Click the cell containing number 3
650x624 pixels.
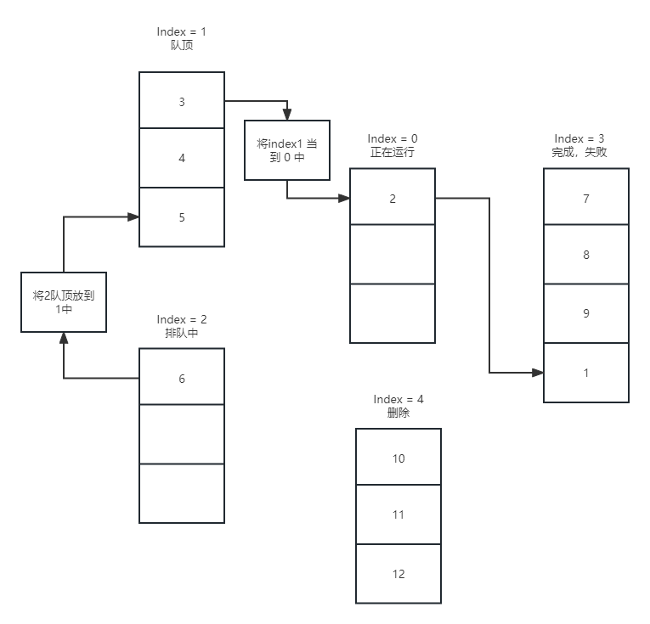click(x=182, y=102)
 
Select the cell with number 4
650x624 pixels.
click(x=182, y=158)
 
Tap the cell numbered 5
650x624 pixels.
click(x=182, y=217)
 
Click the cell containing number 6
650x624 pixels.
click(x=182, y=379)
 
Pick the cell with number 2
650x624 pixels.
click(x=393, y=199)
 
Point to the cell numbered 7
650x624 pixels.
click(x=586, y=199)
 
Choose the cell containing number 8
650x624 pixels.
click(x=586, y=255)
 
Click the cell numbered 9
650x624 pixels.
click(x=586, y=313)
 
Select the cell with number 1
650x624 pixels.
click(x=586, y=373)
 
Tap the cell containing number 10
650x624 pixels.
click(x=398, y=458)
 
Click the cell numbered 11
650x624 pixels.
click(x=398, y=514)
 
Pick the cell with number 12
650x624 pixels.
click(x=398, y=574)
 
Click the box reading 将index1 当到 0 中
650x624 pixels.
click(x=287, y=150)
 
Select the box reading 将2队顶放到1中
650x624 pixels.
click(x=64, y=301)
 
